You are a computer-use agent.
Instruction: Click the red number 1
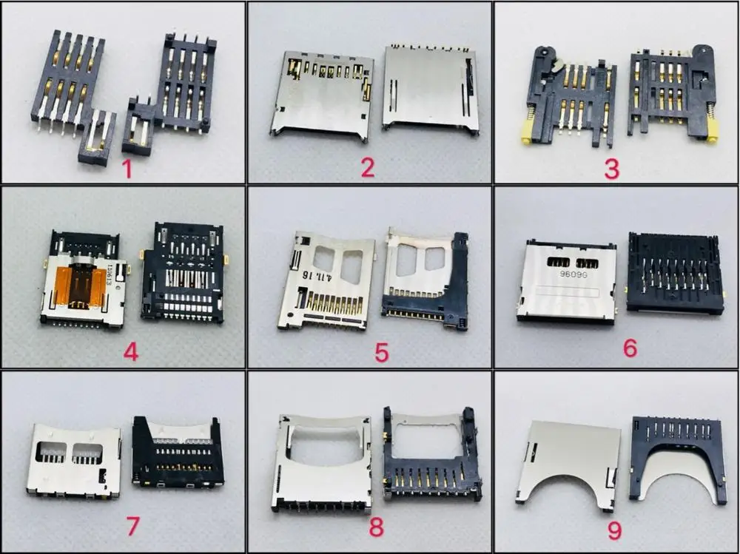coord(127,169)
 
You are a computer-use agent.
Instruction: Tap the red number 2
coord(368,167)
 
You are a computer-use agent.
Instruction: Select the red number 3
coord(611,168)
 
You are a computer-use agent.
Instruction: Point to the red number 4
coord(131,351)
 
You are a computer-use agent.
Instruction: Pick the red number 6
coord(630,348)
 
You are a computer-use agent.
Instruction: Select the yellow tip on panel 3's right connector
coord(714,133)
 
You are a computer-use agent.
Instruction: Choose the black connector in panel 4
coord(181,274)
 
